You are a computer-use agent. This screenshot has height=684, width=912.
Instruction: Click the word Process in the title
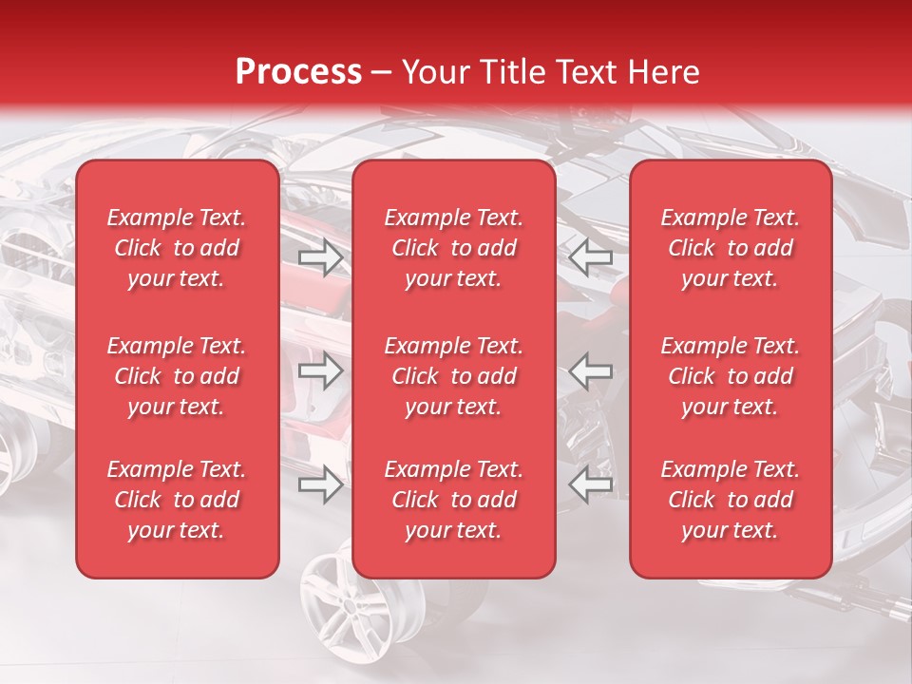click(x=298, y=72)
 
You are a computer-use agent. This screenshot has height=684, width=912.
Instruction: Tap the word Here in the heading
click(x=665, y=72)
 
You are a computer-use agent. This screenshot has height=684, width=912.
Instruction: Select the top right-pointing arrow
click(x=321, y=256)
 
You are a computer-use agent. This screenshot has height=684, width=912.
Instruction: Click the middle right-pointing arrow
click(x=321, y=371)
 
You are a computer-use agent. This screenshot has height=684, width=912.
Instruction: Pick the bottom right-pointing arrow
click(x=321, y=485)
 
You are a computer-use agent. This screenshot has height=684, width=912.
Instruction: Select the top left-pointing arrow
click(x=590, y=256)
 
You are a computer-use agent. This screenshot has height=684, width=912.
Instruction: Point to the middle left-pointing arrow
click(x=590, y=371)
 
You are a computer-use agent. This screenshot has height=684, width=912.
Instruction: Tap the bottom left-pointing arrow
click(x=590, y=485)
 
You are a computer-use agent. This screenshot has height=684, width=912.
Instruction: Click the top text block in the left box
click(x=177, y=248)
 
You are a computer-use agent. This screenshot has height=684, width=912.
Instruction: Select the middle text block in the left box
click(x=177, y=376)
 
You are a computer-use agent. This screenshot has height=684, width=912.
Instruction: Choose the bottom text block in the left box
click(x=177, y=500)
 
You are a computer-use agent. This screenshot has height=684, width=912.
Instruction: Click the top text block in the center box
click(x=454, y=248)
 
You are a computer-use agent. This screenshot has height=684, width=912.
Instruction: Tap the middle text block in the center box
click(x=454, y=376)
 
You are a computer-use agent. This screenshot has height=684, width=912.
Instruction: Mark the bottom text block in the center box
click(x=454, y=500)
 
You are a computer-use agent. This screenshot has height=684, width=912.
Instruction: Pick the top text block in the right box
click(x=731, y=248)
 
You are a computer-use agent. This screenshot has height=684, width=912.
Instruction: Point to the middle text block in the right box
click(x=731, y=376)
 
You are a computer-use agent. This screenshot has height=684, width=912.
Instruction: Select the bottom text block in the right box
click(x=731, y=500)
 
